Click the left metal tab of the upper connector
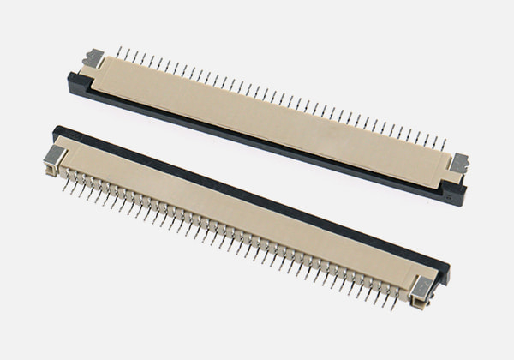(93, 59)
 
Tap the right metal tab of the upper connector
(460, 162)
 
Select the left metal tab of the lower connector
(54, 155)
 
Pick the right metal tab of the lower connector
(421, 289)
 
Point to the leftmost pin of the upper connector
(118, 52)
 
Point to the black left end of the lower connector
(58, 132)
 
